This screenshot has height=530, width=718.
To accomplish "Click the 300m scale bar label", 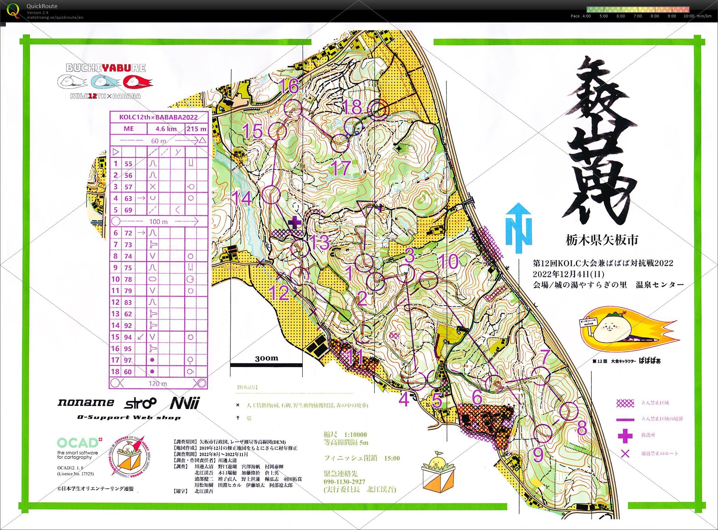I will coord(266,358).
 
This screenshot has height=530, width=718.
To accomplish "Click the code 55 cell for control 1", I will coord(128,164).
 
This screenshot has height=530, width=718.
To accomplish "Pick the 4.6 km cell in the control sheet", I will coord(166,129).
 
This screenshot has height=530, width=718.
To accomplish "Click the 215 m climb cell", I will coord(196,129).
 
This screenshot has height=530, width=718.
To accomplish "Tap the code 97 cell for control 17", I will coord(128,360).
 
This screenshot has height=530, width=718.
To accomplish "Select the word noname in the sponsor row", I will coord(86,403).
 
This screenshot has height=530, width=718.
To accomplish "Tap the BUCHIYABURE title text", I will coord(106,68).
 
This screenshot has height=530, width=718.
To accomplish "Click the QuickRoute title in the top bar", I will coord(42,6).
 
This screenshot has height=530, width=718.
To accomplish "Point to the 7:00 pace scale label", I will coord(638,16).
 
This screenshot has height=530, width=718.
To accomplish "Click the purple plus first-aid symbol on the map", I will coord(295,223).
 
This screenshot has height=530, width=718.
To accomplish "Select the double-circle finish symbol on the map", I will coord(378,110).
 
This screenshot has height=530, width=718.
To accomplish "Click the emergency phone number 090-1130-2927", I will coord(344,482).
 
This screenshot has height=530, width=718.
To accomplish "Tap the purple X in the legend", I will coord(625,454).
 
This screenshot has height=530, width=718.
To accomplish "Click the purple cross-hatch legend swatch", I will coord(625,403).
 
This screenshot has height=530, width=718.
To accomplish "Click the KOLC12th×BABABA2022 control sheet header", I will coord(159,117).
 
